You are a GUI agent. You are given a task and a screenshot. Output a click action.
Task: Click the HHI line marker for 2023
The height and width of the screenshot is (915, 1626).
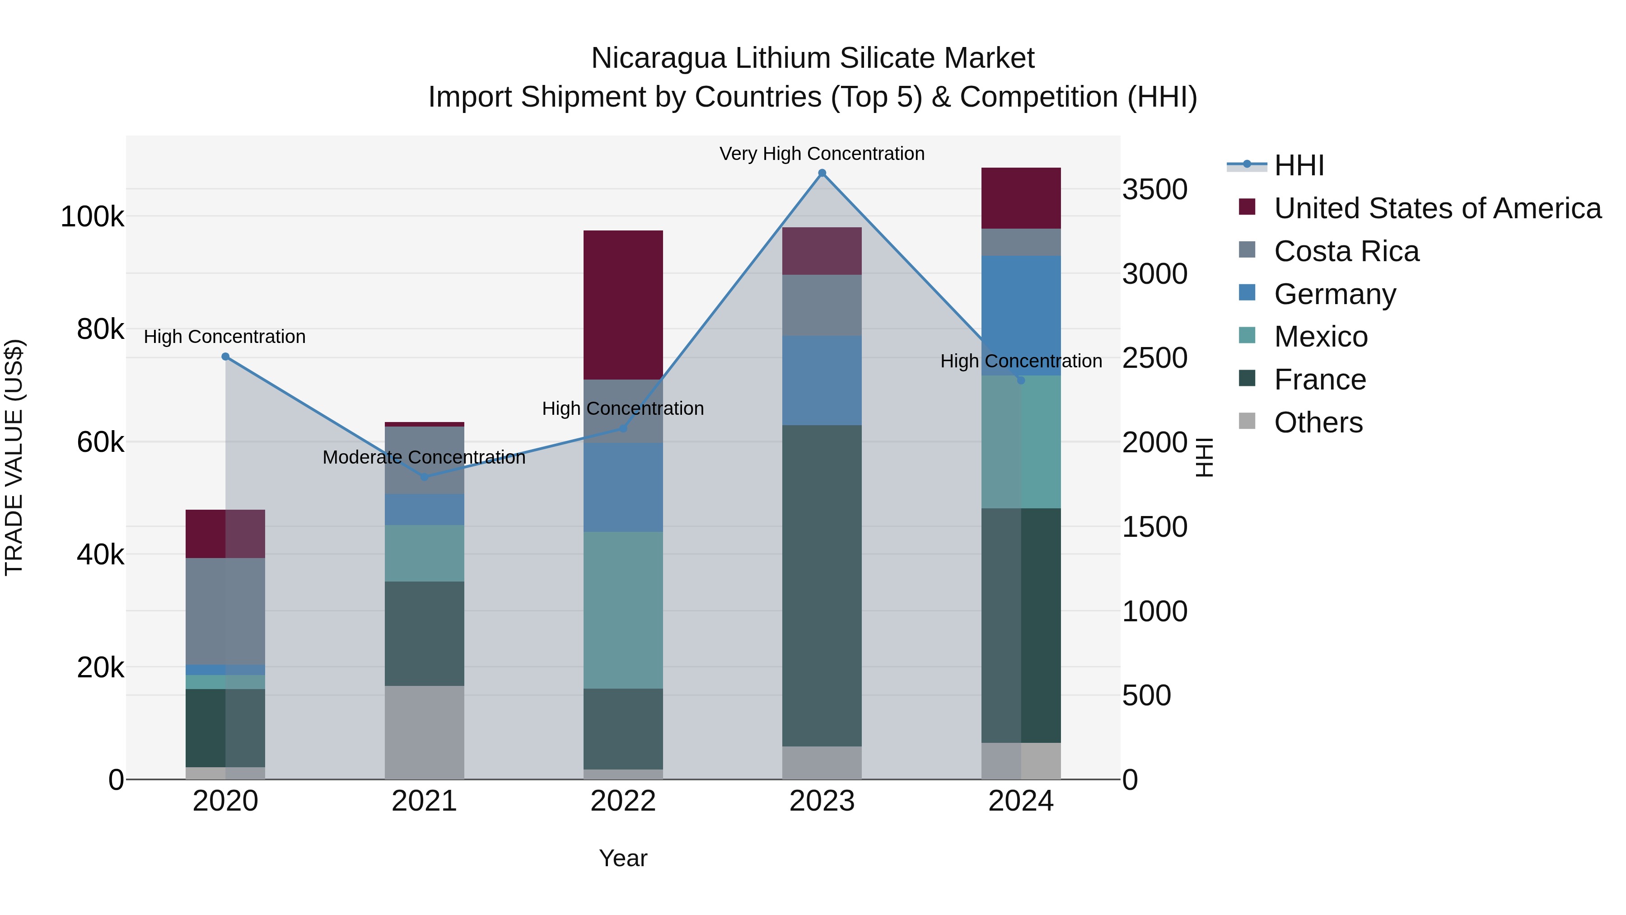(x=822, y=173)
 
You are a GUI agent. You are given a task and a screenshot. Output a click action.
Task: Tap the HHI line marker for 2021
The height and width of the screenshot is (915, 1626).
(x=424, y=477)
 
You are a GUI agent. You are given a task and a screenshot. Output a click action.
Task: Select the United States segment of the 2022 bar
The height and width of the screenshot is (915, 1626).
(x=623, y=305)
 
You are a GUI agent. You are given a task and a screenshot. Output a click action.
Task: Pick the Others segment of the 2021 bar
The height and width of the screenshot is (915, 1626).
(x=424, y=732)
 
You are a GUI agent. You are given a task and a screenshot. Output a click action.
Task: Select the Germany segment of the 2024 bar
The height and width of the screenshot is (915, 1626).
(x=1021, y=316)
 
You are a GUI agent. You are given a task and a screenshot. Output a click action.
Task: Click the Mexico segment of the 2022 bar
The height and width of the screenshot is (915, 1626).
(x=623, y=610)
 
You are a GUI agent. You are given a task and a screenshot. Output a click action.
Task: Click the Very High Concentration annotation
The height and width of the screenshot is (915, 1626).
(x=822, y=154)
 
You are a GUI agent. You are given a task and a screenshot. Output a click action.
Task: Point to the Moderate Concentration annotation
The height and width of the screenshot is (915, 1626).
(x=424, y=457)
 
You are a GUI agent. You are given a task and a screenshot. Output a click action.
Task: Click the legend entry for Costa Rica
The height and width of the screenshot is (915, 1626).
(x=1346, y=251)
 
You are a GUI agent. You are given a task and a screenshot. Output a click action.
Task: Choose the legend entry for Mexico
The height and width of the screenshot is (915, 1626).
(x=1321, y=337)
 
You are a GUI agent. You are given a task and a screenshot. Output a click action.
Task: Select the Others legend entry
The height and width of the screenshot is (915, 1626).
(x=1318, y=422)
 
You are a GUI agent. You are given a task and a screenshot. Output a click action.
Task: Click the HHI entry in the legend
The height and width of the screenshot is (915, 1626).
(x=1299, y=165)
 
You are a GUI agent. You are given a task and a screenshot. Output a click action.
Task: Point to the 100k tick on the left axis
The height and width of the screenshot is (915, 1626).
(x=92, y=216)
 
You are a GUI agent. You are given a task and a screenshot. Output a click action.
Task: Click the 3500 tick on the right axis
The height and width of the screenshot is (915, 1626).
(x=1154, y=189)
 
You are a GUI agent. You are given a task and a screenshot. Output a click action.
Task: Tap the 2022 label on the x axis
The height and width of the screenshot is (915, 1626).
(x=623, y=801)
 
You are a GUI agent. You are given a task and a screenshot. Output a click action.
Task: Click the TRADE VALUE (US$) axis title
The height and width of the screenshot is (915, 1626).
(x=14, y=457)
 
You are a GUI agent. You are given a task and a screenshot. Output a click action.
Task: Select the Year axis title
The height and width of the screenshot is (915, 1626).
(x=623, y=858)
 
